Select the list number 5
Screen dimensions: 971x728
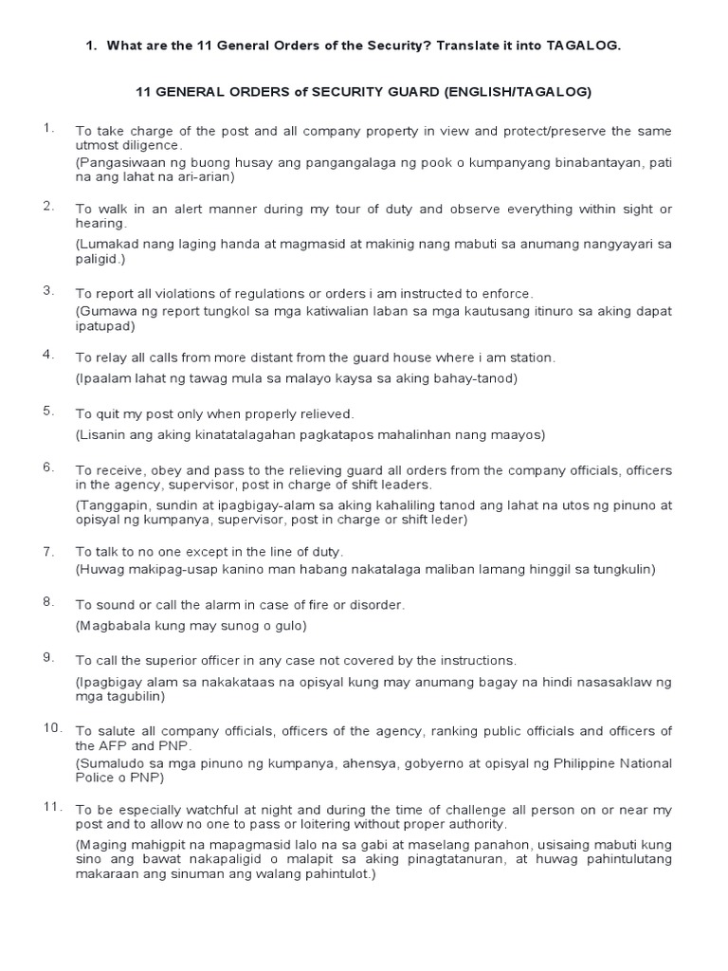[x=48, y=411]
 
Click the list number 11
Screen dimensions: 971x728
[x=51, y=807]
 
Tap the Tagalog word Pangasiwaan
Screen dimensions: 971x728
[x=118, y=163]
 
